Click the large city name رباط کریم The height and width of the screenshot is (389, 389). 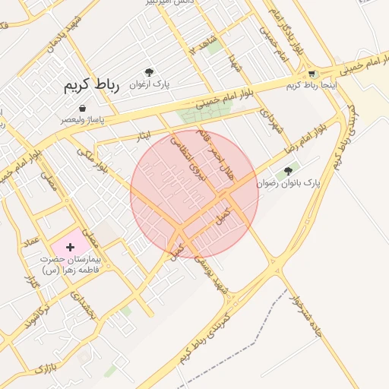pos(92,86)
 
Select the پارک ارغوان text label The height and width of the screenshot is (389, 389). pos(150,82)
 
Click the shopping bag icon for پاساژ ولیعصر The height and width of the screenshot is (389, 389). pos(82,109)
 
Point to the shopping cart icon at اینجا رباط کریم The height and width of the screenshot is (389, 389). pos(312,74)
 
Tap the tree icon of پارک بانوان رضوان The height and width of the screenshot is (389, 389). pos(288,172)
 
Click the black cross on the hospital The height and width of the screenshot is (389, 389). pos(71,247)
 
